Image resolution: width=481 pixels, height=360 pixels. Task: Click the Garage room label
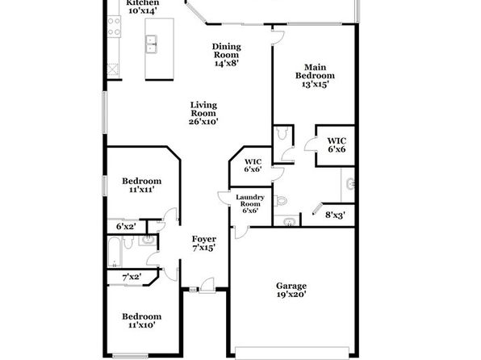(x=291, y=286)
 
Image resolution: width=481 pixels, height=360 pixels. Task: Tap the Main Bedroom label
(x=315, y=71)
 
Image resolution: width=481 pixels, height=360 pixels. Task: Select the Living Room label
(x=203, y=109)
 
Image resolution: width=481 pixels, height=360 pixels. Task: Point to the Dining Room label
(x=227, y=51)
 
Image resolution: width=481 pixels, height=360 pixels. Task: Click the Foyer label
(x=204, y=239)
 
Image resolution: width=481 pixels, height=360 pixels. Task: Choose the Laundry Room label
(x=250, y=200)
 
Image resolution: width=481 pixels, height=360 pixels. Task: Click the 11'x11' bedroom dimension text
(x=141, y=190)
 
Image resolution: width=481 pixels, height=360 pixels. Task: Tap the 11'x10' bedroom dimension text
(x=141, y=324)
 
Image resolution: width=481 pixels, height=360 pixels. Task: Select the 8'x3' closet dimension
(x=335, y=216)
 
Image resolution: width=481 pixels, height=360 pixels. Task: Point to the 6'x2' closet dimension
(x=126, y=227)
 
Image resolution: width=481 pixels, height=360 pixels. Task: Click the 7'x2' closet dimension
(x=132, y=277)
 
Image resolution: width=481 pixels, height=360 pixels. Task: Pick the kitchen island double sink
(x=151, y=44)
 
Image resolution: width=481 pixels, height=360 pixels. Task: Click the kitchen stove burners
(x=114, y=27)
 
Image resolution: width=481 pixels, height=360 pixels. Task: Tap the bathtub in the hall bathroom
(x=115, y=252)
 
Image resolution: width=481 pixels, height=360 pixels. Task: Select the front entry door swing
(x=207, y=286)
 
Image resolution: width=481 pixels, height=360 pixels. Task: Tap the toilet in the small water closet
(x=282, y=133)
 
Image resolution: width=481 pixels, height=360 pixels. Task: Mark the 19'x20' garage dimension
(x=291, y=295)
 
